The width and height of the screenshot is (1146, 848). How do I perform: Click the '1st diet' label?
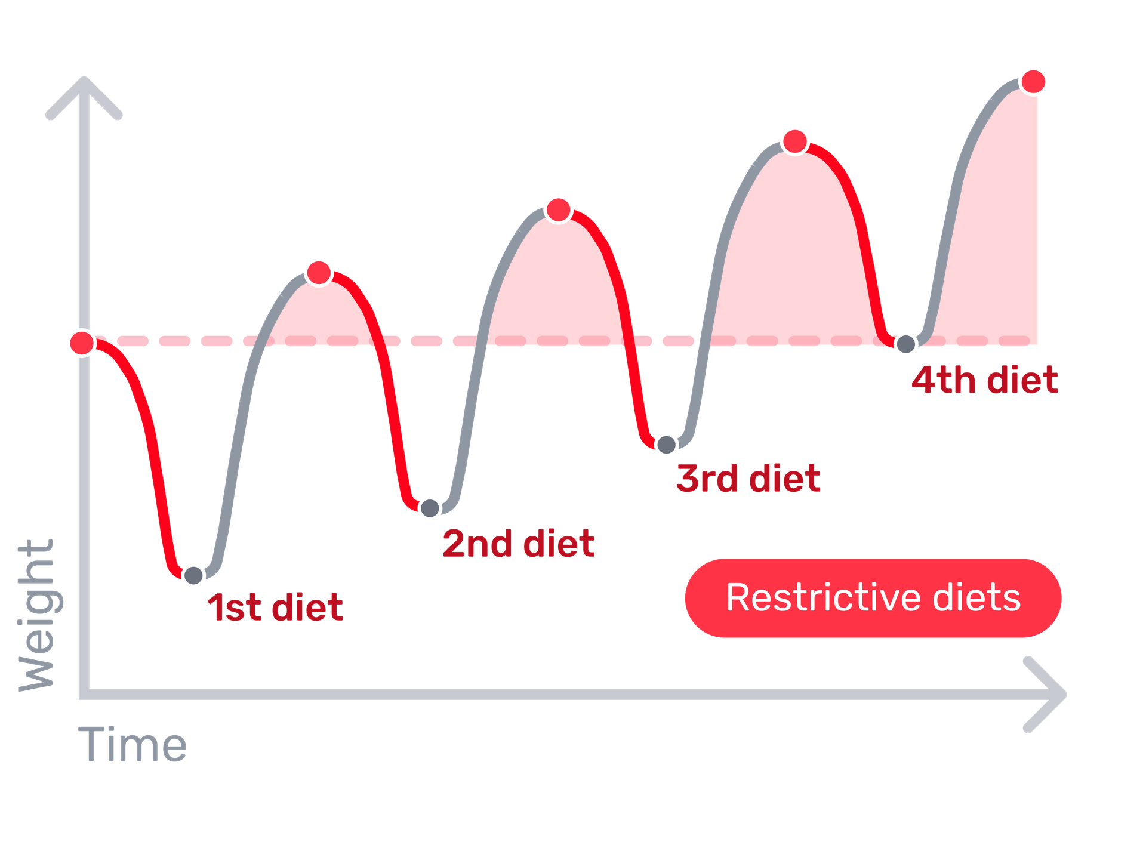tap(275, 608)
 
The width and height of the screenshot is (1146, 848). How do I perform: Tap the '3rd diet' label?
tap(748, 479)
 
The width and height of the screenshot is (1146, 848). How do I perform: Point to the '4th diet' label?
tap(985, 380)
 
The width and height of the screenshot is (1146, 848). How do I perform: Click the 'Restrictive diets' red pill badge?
tap(873, 598)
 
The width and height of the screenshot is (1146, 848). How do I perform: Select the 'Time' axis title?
tap(133, 745)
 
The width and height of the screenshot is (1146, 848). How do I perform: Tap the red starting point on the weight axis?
tap(82, 343)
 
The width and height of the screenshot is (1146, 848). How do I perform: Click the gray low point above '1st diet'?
tap(193, 575)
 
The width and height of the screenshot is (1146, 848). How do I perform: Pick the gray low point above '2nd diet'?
tap(430, 508)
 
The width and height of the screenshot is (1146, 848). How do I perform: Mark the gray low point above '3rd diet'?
tap(666, 445)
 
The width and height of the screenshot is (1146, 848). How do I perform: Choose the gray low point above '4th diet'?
tap(905, 344)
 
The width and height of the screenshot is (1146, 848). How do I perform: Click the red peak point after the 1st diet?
tap(319, 273)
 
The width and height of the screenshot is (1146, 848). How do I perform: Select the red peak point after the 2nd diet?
tap(559, 209)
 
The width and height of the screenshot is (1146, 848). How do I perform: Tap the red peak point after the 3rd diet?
tap(795, 141)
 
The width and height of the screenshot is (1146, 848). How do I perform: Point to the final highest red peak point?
tap(1034, 81)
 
